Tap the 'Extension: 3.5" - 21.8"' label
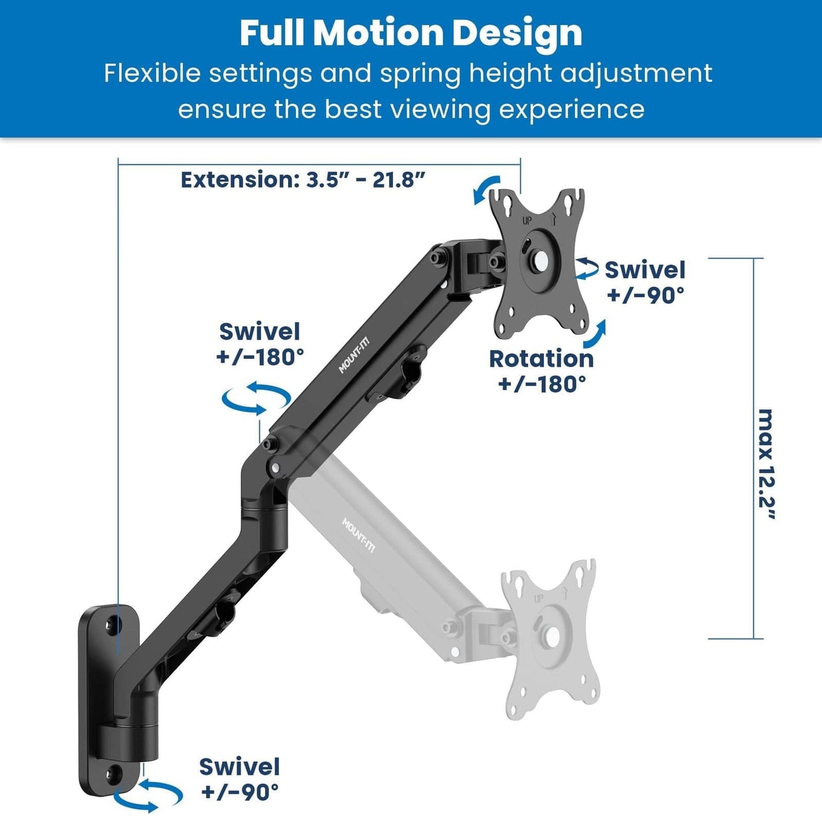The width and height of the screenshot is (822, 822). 303,180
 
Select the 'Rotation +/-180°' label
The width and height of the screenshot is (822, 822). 541,371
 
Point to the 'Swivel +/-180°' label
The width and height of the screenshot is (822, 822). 260,344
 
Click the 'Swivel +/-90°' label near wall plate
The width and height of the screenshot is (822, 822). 239,779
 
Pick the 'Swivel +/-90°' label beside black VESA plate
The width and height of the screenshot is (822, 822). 645,282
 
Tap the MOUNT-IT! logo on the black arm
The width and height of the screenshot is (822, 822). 354,356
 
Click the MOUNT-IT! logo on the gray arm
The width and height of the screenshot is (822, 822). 359,535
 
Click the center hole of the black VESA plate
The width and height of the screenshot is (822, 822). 540,261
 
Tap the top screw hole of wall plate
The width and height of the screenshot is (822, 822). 113,625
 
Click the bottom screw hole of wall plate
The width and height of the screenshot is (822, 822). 115,773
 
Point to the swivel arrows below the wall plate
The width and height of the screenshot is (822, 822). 148,796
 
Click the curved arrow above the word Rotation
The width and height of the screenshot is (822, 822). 595,334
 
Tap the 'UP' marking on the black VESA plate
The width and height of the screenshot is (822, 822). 527,221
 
